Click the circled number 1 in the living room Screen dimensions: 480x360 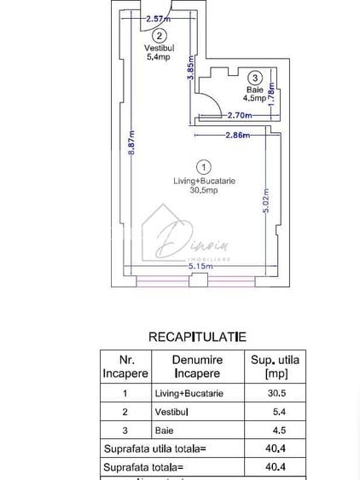(x=203, y=166)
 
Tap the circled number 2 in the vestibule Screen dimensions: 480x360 (x=160, y=36)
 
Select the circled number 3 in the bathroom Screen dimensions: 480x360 (x=254, y=78)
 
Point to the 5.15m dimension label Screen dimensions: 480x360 (x=201, y=266)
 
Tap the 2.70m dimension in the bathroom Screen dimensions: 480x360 (x=239, y=114)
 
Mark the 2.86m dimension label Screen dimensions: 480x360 (x=237, y=135)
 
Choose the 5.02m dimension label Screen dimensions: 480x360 (x=265, y=200)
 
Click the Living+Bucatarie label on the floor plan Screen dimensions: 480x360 (x=204, y=181)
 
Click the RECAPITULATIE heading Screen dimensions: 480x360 (x=197, y=338)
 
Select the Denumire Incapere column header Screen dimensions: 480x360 (x=197, y=367)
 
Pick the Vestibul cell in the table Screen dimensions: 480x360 (x=171, y=412)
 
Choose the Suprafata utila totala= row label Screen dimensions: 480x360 (x=154, y=448)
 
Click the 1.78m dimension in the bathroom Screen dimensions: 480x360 (x=271, y=89)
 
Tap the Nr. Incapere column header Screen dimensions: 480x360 (x=125, y=367)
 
